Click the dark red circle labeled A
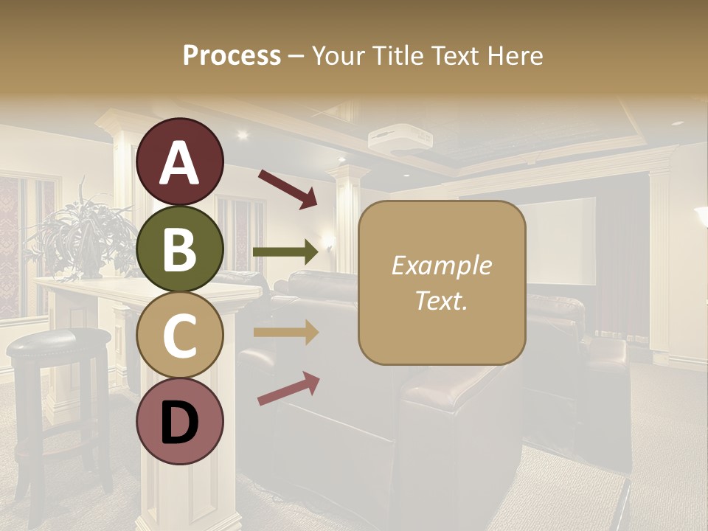pyautogui.click(x=180, y=162)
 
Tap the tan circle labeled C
pyautogui.click(x=180, y=335)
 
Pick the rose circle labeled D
pyautogui.click(x=180, y=421)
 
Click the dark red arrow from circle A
pyautogui.click(x=287, y=189)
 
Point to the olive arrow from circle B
pyautogui.click(x=285, y=252)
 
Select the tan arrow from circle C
pyautogui.click(x=285, y=333)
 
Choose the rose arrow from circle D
pyautogui.click(x=288, y=389)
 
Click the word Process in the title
pyautogui.click(x=232, y=55)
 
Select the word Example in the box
pyautogui.click(x=442, y=265)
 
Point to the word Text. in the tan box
pyautogui.click(x=442, y=300)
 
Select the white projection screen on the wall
pyautogui.click(x=560, y=240)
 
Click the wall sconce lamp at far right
pyautogui.click(x=701, y=218)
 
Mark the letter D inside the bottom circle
pyautogui.click(x=180, y=423)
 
